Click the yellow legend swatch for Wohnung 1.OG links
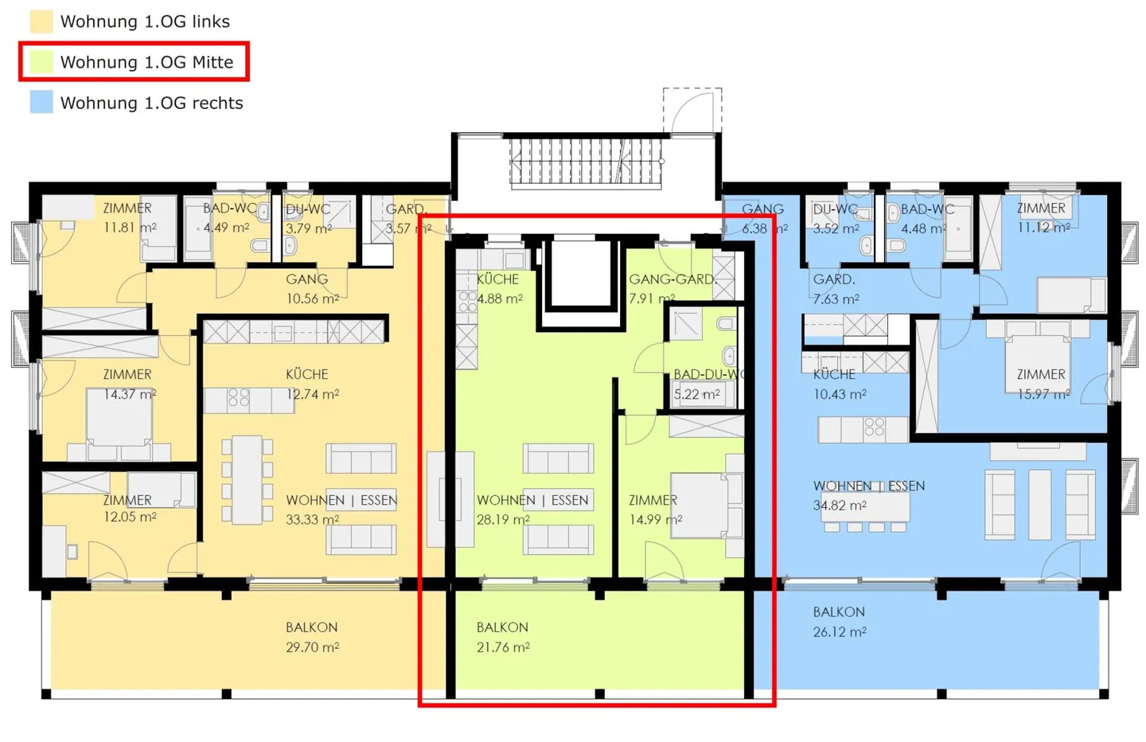[x=41, y=21]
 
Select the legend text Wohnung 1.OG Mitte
[x=146, y=62]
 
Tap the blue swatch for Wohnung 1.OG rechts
[x=41, y=102]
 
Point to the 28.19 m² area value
[x=503, y=519]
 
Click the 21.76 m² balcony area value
[x=503, y=647]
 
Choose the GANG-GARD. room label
[x=672, y=279]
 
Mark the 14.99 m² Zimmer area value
[x=656, y=519]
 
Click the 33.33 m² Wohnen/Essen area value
[x=313, y=519]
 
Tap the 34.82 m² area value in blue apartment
[x=840, y=505]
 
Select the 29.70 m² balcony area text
[x=313, y=647]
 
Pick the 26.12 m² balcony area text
[x=840, y=632]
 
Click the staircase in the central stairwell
[x=586, y=161]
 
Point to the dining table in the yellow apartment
[x=247, y=479]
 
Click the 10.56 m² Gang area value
[x=313, y=299]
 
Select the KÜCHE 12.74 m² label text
[x=313, y=385]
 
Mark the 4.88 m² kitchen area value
[x=500, y=299]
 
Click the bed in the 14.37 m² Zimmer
[x=119, y=424]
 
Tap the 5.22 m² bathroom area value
[x=697, y=394]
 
